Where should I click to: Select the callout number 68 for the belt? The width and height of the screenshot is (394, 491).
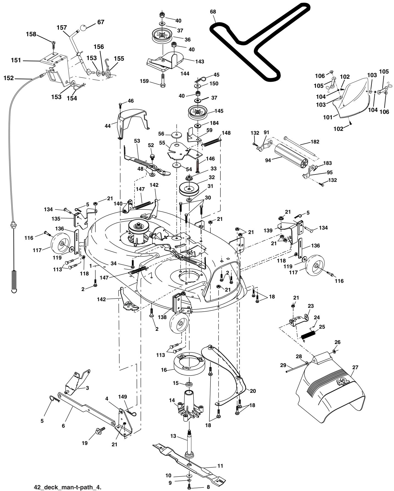tap(213, 12)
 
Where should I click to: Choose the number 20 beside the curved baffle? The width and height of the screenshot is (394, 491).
tap(253, 391)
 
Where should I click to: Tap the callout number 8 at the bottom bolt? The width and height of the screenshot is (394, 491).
tap(208, 487)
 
